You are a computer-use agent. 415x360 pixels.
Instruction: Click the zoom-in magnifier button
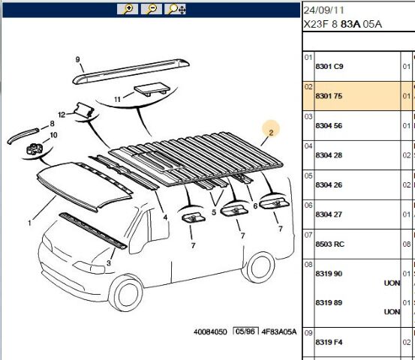point(128,9)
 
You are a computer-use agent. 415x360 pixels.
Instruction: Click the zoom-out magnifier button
point(151,9)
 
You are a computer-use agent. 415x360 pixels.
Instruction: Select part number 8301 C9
point(329,67)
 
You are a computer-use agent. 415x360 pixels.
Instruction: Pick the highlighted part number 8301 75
point(329,96)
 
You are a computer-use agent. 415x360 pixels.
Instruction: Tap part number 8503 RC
point(329,244)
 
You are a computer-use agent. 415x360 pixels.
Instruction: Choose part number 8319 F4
point(329,342)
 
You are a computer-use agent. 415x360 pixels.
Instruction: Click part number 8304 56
point(329,126)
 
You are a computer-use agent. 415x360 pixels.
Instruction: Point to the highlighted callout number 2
point(271,133)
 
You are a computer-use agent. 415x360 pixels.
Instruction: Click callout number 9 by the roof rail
point(77,59)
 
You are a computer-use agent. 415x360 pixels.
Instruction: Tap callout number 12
point(62,115)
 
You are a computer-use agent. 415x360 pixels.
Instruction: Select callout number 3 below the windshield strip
point(109,263)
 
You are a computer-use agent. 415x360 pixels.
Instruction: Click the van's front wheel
point(126,293)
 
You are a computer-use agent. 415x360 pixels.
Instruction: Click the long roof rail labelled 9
point(131,71)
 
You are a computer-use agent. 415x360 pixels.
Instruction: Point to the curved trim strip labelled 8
point(23,135)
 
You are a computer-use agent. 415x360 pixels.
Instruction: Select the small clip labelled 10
point(34,149)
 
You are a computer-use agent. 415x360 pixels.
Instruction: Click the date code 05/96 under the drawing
point(245,331)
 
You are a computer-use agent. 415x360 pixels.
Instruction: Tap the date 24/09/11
point(323,10)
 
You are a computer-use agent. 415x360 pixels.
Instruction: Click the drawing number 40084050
point(210,332)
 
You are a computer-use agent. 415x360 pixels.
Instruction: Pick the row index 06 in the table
point(308,205)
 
